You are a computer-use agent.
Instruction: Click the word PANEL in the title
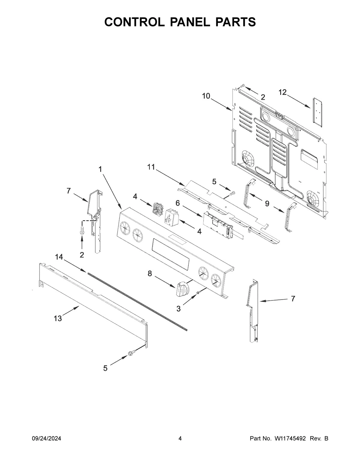pyautogui.click(x=180, y=22)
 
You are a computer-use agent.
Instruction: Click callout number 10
pyautogui.click(x=206, y=96)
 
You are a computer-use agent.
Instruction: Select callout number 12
pyautogui.click(x=283, y=93)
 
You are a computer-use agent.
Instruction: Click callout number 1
pyautogui.click(x=100, y=169)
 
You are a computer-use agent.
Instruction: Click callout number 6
pyautogui.click(x=178, y=203)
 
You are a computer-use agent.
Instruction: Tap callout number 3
pyautogui.click(x=178, y=308)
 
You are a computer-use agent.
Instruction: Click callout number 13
pyautogui.click(x=58, y=318)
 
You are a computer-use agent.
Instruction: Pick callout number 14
pyautogui.click(x=59, y=257)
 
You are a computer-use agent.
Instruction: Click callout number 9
pyautogui.click(x=267, y=204)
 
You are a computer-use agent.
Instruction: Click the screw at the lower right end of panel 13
pyautogui.click(x=131, y=354)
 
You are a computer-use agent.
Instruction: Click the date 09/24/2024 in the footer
pyautogui.click(x=46, y=439)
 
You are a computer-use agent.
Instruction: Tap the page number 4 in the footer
pyautogui.click(x=180, y=439)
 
